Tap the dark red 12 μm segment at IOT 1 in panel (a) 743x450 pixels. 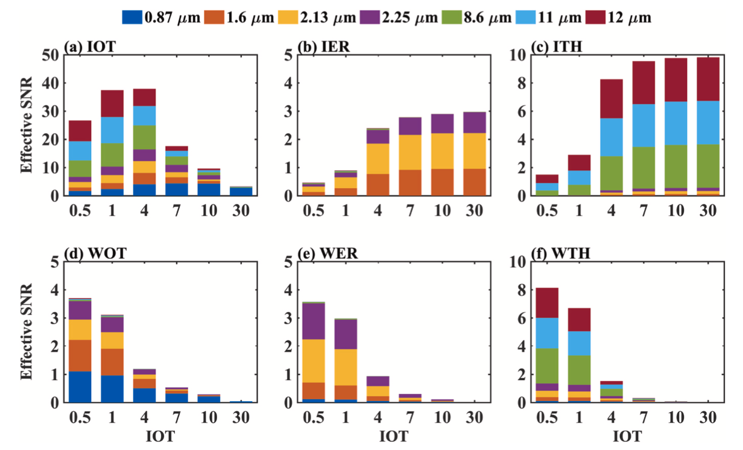point(112,103)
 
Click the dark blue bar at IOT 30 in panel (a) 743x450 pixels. point(241,192)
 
